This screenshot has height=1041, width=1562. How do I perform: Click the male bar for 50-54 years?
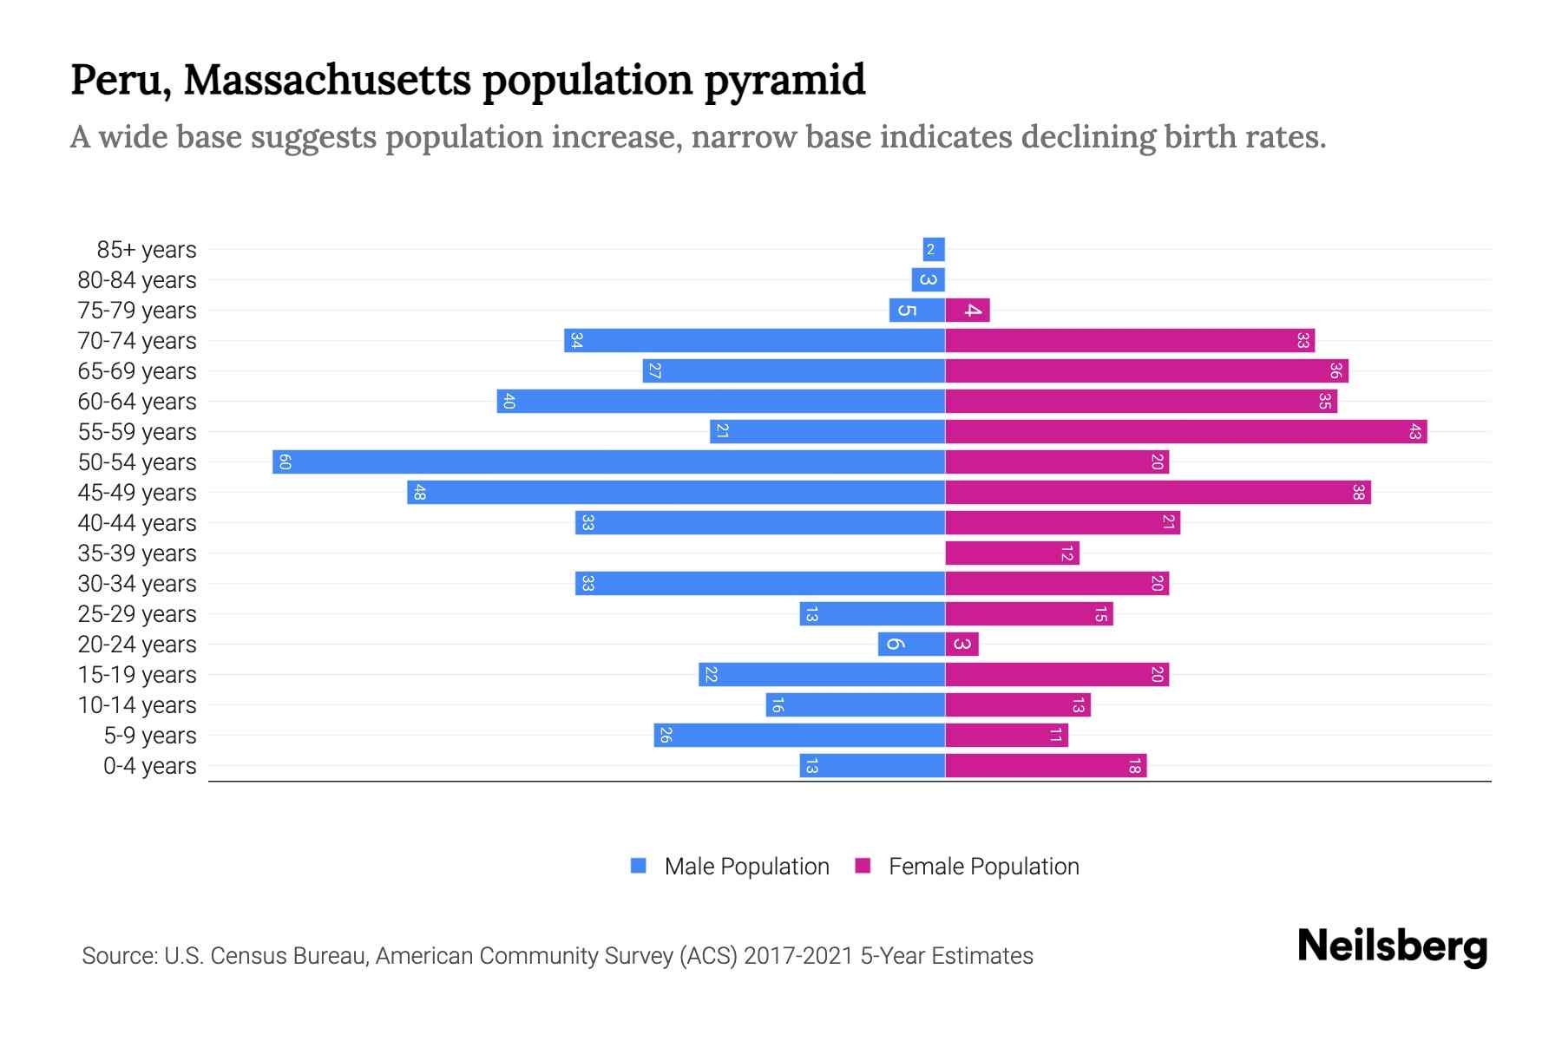607,462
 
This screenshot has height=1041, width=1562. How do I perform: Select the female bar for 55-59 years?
1185,431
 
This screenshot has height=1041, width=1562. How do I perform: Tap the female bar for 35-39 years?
1011,553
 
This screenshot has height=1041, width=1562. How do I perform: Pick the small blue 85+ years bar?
934,250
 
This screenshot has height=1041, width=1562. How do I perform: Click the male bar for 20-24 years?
911,644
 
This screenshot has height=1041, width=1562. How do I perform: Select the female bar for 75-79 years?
967,310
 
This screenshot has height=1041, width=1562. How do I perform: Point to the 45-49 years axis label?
137,493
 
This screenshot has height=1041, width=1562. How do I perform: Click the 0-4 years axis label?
149,766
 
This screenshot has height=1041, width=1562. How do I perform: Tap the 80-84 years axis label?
137,280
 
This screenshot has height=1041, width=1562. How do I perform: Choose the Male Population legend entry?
746,867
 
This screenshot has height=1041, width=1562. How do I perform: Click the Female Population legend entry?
983,867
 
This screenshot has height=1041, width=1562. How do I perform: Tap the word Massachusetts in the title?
327,80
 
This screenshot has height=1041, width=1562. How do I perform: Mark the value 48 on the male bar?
420,493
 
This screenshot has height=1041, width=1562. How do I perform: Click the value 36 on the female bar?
1336,371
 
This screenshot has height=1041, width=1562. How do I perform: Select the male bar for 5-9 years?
798,735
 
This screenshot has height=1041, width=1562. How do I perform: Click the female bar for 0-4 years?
1045,765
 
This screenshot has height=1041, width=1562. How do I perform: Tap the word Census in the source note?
249,956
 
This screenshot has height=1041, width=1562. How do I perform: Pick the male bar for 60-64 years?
720,401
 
